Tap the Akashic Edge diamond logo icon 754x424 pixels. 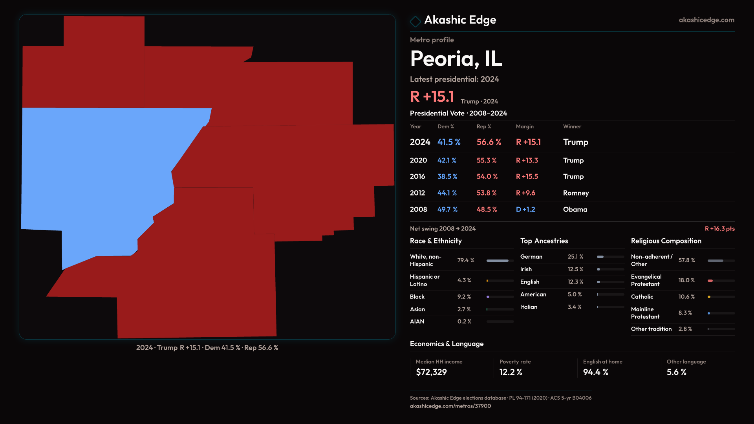(415, 21)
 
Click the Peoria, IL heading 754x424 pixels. (456, 58)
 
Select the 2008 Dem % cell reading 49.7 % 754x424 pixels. (447, 210)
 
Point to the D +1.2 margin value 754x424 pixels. (525, 210)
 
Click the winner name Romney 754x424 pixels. (576, 193)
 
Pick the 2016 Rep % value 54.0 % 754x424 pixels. (487, 177)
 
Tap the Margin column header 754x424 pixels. (525, 126)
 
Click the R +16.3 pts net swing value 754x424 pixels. (719, 228)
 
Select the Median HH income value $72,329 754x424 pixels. (431, 372)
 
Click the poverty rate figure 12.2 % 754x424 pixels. (511, 372)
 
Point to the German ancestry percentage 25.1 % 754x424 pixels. (575, 257)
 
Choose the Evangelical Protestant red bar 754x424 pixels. (710, 281)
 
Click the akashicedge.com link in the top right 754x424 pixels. (706, 20)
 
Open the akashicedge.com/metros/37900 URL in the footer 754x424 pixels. (450, 406)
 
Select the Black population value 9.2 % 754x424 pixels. (464, 297)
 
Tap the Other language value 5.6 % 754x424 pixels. (676, 372)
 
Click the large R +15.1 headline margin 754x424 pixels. (432, 97)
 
